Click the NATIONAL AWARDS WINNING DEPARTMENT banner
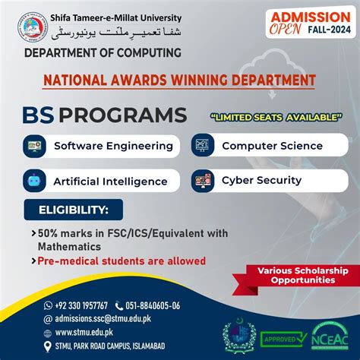pos(179,80)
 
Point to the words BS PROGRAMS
pos(106,115)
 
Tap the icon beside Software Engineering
pos(36,145)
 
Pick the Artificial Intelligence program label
pos(110,182)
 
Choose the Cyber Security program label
pos(261,181)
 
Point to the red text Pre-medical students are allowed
pos(122,261)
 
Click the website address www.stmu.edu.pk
pos(84,333)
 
